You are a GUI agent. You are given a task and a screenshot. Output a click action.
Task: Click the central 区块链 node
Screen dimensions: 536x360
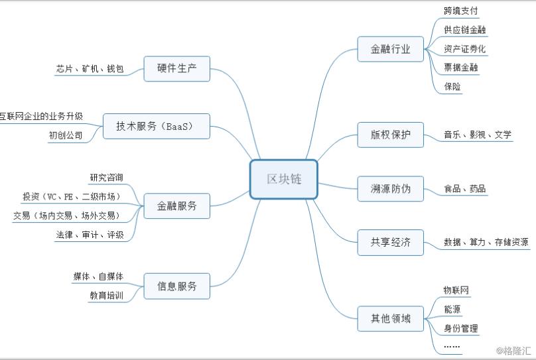(x=284, y=179)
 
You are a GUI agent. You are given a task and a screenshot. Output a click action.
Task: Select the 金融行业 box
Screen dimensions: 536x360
(x=390, y=49)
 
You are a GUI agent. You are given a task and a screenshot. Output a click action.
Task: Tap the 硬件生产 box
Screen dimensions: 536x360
(x=176, y=69)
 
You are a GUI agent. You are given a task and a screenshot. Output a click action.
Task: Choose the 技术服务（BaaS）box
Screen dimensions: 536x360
(x=156, y=127)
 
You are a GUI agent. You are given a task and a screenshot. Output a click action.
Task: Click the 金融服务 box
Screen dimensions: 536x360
(x=176, y=206)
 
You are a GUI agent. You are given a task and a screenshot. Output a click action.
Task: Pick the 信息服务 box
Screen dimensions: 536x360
(x=176, y=286)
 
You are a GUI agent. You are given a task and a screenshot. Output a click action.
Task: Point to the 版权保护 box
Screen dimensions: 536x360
(x=390, y=135)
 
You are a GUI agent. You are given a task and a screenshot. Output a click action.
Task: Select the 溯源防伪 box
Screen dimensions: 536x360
(x=390, y=188)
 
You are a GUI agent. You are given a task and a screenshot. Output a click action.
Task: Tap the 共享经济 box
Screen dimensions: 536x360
(x=390, y=243)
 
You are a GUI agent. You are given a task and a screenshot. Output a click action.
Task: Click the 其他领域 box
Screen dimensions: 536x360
(x=390, y=319)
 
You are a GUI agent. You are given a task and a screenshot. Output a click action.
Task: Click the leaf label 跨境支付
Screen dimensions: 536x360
(x=461, y=11)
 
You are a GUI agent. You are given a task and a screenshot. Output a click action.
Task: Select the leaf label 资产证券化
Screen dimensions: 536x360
(x=464, y=49)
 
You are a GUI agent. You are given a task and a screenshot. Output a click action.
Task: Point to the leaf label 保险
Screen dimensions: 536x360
(x=452, y=86)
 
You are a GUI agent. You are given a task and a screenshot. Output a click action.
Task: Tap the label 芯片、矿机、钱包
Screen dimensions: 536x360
(x=90, y=69)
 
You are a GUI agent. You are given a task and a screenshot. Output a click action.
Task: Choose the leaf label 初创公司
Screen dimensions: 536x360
(x=66, y=135)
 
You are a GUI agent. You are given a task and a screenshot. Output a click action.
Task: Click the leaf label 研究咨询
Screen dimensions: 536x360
(x=107, y=177)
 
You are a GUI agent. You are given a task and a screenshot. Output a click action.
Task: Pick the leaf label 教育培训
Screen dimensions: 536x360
(x=107, y=296)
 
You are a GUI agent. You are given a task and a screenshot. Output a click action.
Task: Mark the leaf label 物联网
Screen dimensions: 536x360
(x=456, y=290)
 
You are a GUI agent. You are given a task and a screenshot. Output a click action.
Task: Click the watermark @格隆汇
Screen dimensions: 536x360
(x=513, y=351)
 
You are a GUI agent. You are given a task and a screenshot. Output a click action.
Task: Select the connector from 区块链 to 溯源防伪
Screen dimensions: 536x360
(x=338, y=186)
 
